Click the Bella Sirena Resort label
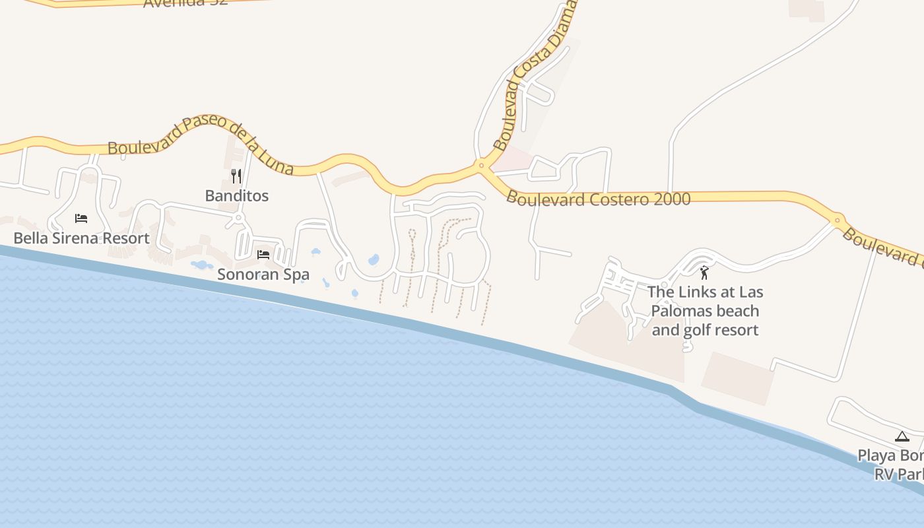coord(81,238)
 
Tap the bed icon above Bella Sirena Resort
coord(81,218)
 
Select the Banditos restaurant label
coord(236,195)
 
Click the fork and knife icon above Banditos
coord(236,176)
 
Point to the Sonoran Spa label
coord(263,274)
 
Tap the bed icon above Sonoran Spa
coord(263,254)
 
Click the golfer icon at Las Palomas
coord(704,272)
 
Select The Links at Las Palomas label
coord(705,310)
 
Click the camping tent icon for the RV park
coord(902,436)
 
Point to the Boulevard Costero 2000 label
coord(598,199)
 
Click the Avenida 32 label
coord(185,2)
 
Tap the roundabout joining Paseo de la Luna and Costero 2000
coord(481,165)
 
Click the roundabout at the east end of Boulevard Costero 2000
coord(837,220)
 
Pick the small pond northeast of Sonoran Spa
coord(315,252)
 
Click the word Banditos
coord(236,195)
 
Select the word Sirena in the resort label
coord(72,238)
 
